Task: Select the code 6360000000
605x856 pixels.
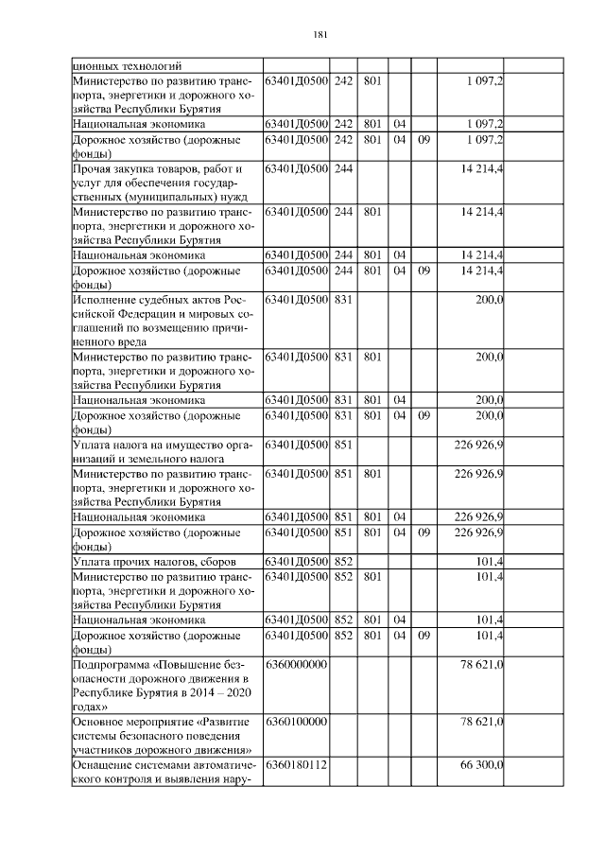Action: point(297,665)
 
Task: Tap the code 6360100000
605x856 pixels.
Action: point(297,722)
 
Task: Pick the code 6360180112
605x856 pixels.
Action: point(297,764)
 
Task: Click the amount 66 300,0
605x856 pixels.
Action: point(481,764)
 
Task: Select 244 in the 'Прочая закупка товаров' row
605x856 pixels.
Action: point(343,169)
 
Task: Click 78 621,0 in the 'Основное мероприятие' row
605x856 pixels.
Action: point(481,722)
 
